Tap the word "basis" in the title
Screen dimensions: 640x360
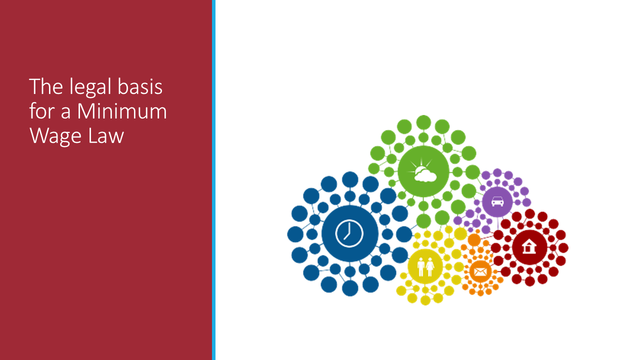pos(140,86)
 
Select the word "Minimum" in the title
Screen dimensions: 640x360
pos(122,111)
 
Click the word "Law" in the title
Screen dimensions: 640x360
pos(106,135)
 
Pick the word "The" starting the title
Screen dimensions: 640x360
pos(46,86)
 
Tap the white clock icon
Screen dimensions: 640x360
pos(349,233)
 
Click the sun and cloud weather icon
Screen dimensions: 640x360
pos(423,170)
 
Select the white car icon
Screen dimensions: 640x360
pos(497,201)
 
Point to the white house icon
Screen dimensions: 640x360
pos(528,247)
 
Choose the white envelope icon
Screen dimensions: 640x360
pos(480,271)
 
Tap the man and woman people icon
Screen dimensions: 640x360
pos(425,266)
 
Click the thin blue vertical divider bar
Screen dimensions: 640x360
pos(213,180)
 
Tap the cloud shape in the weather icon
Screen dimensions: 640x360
pos(425,175)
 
